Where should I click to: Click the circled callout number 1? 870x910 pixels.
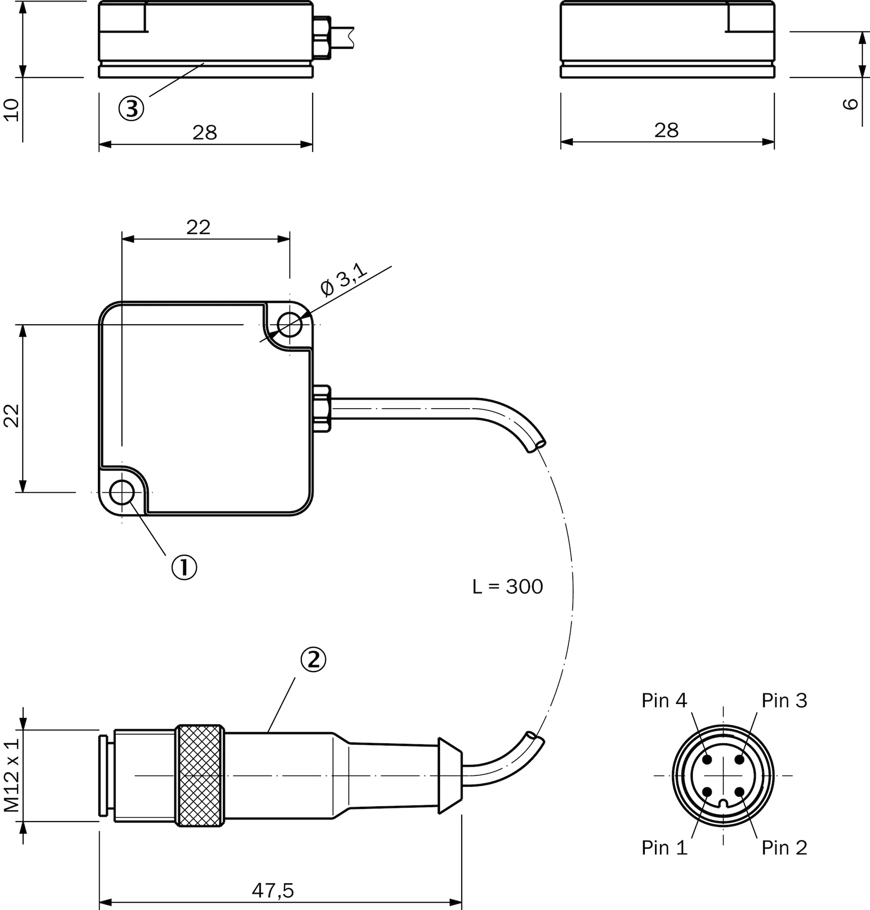pyautogui.click(x=184, y=567)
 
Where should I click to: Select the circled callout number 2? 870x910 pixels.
pyautogui.click(x=314, y=660)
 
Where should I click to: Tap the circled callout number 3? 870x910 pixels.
pyautogui.click(x=131, y=108)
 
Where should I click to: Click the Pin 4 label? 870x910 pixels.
pyautogui.click(x=664, y=700)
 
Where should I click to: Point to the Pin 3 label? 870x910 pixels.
pyautogui.click(x=784, y=700)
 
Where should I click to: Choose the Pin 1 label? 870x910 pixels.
pyautogui.click(x=664, y=848)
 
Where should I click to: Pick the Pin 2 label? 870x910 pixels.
pyautogui.click(x=784, y=848)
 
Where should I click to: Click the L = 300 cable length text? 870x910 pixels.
pyautogui.click(x=507, y=587)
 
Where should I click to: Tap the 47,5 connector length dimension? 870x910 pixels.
pyautogui.click(x=273, y=891)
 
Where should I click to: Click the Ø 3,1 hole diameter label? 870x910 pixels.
pyautogui.click(x=343, y=279)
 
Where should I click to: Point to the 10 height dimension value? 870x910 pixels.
pyautogui.click(x=12, y=110)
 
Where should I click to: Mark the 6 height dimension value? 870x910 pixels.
pyautogui.click(x=850, y=104)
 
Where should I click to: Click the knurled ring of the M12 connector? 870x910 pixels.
pyautogui.click(x=200, y=775)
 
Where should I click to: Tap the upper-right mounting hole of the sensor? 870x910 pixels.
pyautogui.click(x=290, y=324)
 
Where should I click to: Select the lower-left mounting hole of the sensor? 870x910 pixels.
pyautogui.click(x=122, y=492)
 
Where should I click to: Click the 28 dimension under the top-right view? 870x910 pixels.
pyautogui.click(x=667, y=131)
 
